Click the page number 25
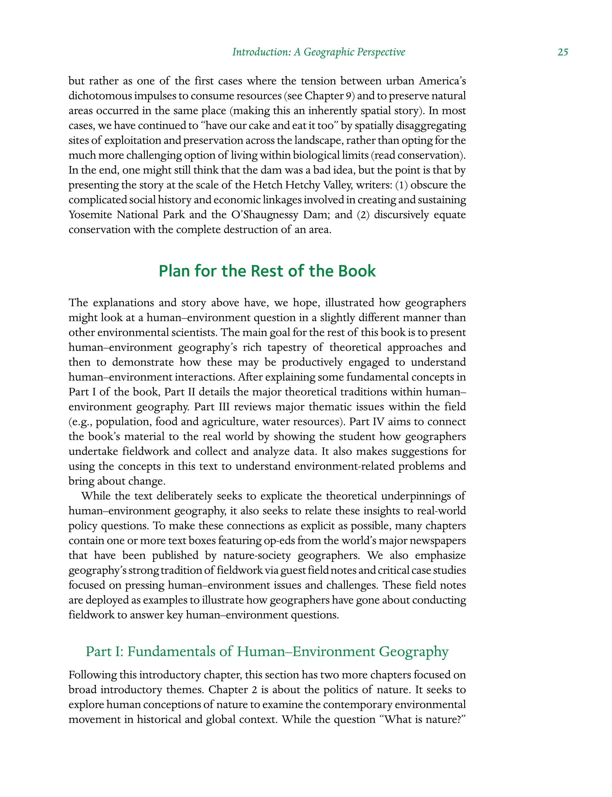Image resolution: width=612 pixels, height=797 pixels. (562, 52)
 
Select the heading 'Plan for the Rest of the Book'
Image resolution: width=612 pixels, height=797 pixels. (267, 271)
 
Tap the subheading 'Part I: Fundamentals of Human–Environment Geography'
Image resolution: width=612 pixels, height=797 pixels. (267, 652)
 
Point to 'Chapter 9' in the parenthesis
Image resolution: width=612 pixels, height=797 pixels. (329, 96)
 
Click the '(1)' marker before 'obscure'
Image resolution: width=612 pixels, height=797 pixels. (401, 185)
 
